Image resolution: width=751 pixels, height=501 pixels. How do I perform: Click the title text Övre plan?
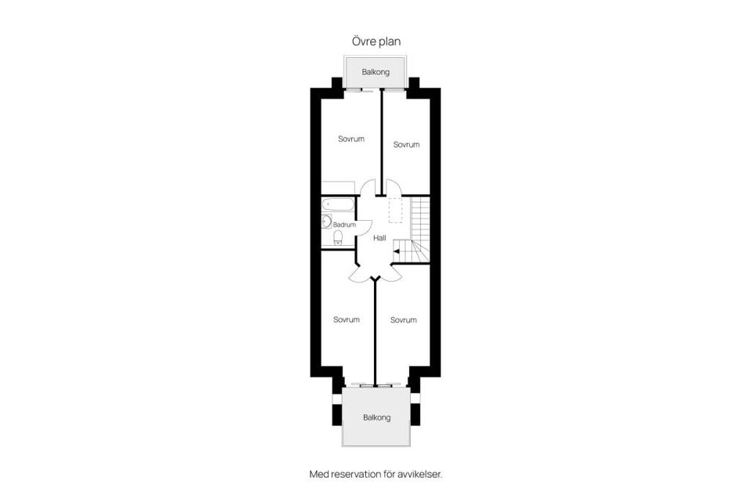(x=375, y=41)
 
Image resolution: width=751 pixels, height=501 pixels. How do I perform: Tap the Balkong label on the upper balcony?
(x=375, y=72)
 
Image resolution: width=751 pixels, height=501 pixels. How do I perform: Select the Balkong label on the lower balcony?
(x=376, y=417)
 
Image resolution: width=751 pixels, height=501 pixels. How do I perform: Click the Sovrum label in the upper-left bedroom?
(x=351, y=139)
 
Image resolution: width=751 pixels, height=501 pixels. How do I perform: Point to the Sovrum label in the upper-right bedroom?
(x=406, y=145)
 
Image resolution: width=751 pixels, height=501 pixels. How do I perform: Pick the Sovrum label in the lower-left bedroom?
(x=347, y=319)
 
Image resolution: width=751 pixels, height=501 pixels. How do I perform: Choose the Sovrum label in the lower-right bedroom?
(x=404, y=319)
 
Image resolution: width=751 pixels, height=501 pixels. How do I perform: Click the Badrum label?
(x=344, y=225)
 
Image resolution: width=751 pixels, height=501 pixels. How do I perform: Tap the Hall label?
(x=380, y=238)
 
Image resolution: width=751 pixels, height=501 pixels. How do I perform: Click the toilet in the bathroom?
(x=338, y=238)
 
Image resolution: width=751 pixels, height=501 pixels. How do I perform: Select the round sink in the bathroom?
(x=325, y=222)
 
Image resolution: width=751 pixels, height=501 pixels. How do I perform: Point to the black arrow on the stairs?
(x=397, y=251)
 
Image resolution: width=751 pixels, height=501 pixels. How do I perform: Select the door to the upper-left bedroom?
(x=367, y=188)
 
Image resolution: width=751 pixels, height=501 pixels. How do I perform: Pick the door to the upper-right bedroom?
(x=393, y=188)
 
